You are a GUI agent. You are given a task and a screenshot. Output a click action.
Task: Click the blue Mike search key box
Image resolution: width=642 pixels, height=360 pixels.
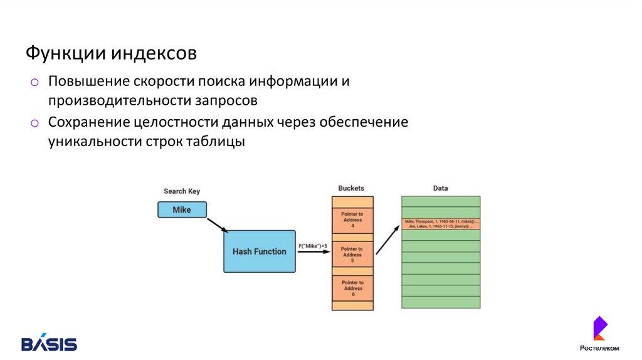(182, 209)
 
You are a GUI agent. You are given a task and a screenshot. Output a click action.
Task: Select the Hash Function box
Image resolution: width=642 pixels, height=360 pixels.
(259, 251)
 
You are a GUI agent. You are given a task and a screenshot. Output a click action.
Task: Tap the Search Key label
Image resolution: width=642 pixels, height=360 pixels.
(182, 191)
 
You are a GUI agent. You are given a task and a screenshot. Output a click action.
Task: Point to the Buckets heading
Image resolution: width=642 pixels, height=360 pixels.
(351, 188)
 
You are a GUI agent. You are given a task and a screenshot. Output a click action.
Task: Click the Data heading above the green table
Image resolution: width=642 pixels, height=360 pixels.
(441, 188)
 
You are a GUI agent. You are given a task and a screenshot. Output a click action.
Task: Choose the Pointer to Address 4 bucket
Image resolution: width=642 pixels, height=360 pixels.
(352, 220)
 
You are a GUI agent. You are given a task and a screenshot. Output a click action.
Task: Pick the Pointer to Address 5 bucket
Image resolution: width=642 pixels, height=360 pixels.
(352, 255)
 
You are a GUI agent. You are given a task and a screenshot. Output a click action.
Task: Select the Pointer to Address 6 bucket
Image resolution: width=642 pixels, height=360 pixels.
(352, 289)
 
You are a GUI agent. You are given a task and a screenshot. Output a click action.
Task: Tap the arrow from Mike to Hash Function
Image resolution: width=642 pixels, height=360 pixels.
(217, 225)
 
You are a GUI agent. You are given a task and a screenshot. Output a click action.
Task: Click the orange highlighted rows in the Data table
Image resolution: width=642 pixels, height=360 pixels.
(441, 224)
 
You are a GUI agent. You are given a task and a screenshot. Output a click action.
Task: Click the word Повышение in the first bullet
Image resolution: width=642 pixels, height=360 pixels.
(89, 82)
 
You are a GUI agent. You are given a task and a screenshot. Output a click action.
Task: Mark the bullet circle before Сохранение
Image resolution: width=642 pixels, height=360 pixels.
(35, 123)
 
